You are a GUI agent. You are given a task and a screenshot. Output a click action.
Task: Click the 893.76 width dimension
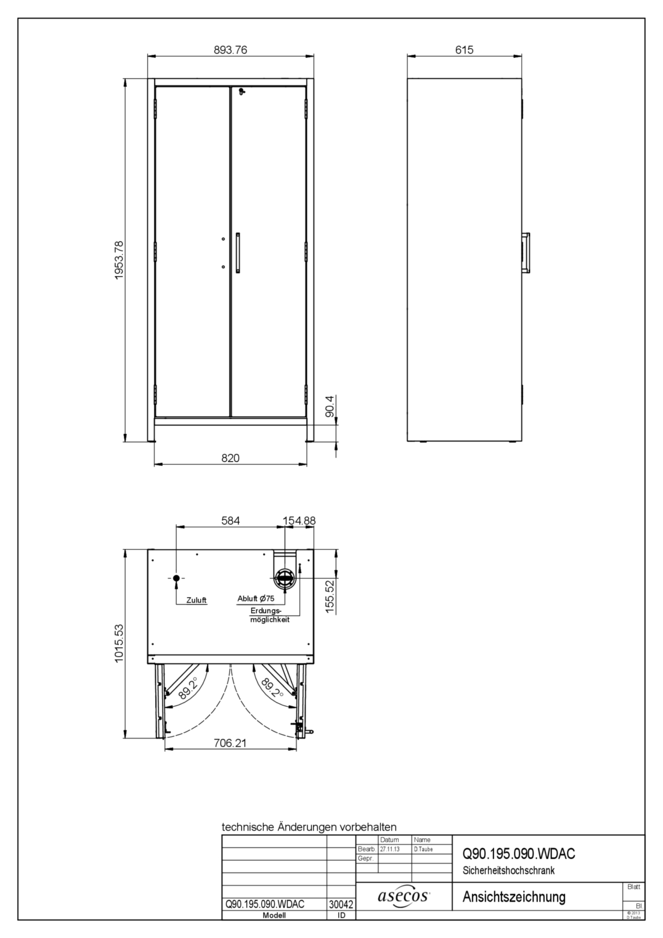(231, 50)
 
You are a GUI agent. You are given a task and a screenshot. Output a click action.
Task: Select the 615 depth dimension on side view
(464, 50)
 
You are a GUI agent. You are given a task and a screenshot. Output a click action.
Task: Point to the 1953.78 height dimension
(119, 260)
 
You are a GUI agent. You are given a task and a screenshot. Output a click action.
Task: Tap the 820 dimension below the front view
(231, 458)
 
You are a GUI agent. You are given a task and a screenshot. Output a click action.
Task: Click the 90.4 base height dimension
(330, 406)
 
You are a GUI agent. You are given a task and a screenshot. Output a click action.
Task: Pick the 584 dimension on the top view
(231, 520)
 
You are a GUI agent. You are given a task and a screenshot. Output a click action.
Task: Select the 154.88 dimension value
(300, 520)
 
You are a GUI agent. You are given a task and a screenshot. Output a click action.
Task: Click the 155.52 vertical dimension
(330, 596)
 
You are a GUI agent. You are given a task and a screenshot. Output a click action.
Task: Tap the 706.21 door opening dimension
(231, 743)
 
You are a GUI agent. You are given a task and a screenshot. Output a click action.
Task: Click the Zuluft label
(196, 600)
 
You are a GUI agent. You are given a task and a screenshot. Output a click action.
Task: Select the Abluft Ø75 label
(256, 599)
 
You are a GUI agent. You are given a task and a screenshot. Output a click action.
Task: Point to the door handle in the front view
(238, 253)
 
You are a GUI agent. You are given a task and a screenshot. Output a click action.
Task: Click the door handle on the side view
(527, 253)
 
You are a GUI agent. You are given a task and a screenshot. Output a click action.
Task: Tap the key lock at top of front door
(242, 91)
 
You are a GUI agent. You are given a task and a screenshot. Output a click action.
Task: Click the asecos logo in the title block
(404, 896)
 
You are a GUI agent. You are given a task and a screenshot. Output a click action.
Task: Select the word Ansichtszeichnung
(514, 896)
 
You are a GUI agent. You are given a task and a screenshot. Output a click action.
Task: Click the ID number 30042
(340, 904)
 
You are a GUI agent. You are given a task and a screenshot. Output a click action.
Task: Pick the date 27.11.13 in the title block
(390, 849)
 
